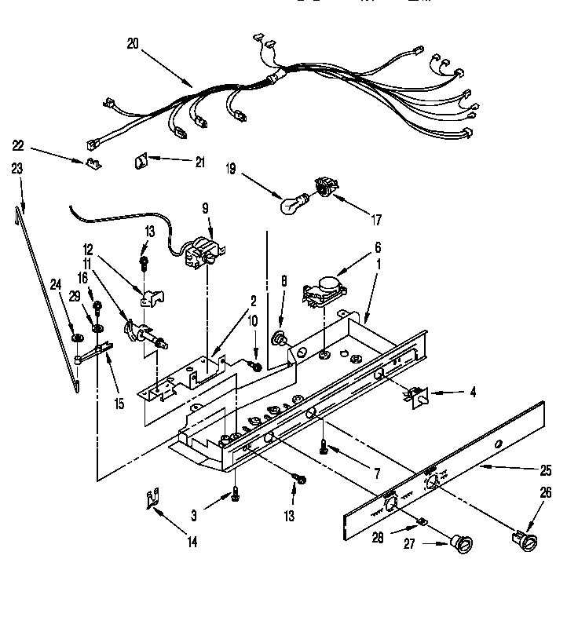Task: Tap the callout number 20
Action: coord(132,45)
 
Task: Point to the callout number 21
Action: coord(199,162)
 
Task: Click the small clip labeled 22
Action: coord(93,163)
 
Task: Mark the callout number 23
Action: coord(17,168)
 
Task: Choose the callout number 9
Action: coord(205,209)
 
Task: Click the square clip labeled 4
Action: coord(418,397)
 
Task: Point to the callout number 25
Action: coord(546,471)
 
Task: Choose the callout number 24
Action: coord(56,284)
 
